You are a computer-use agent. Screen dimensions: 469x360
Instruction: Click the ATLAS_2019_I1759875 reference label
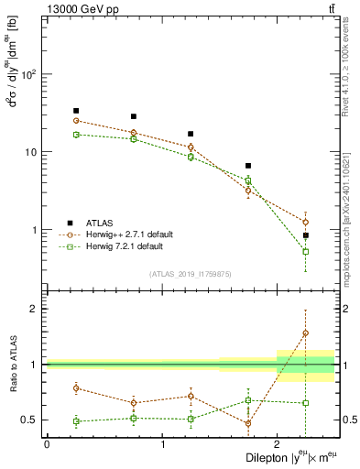[191, 273]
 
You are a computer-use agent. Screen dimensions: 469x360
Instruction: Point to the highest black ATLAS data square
[76, 111]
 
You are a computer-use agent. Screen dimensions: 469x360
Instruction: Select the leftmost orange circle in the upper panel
[76, 121]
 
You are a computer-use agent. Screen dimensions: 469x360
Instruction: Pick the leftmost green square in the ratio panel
[76, 421]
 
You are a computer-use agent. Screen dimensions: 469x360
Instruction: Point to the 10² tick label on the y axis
[29, 74]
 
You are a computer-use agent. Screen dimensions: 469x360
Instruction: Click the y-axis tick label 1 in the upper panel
[36, 230]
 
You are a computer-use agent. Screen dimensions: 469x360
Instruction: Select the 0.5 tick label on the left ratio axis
[30, 420]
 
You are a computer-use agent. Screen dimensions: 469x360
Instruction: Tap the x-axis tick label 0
[47, 444]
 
